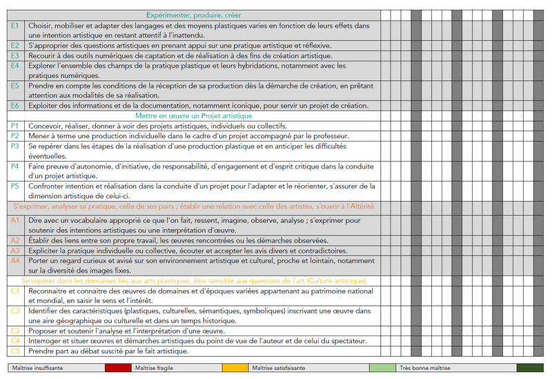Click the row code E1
15,26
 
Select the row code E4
15,66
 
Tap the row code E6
15,106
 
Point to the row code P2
15,136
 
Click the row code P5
15,186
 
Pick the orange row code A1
15,220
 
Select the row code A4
15,261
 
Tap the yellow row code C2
15,311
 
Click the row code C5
15,351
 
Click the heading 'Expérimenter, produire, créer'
193,15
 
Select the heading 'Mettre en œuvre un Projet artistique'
194,116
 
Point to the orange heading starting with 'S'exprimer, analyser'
193,206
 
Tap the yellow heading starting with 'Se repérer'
193,281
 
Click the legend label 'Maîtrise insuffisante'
40,368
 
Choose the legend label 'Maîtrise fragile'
154,368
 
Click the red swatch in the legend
117,368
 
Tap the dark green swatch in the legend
530,368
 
